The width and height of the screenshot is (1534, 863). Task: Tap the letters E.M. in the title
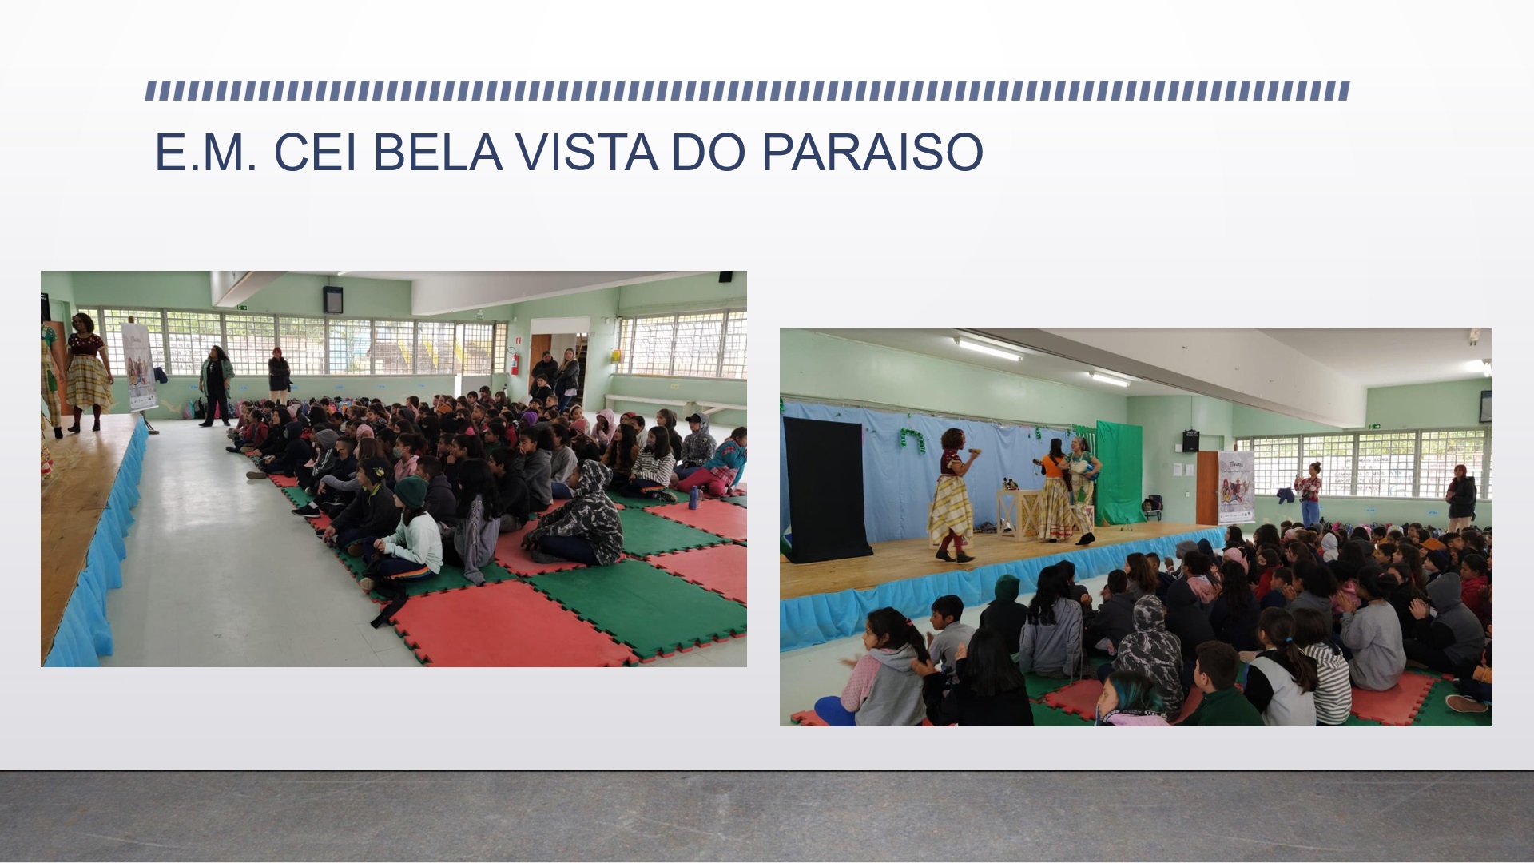[206, 152]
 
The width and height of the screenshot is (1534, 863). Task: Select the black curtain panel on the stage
[826, 489]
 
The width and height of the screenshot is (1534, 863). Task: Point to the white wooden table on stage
[1020, 511]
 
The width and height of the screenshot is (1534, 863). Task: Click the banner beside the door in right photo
[1235, 487]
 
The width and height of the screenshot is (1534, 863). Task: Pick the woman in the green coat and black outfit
[216, 385]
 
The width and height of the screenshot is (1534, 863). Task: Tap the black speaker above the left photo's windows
[332, 299]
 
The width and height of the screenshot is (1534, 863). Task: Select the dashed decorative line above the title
[748, 90]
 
